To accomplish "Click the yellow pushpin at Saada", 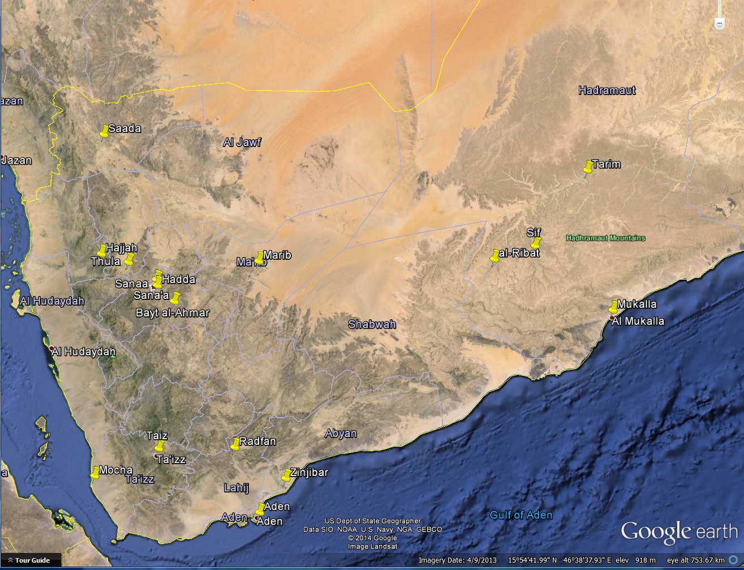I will pyautogui.click(x=104, y=131).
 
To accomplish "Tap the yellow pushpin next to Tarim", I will pyautogui.click(x=588, y=167).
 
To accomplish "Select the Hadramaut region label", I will pyautogui.click(x=607, y=91).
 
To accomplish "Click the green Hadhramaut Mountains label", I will pyautogui.click(x=605, y=238).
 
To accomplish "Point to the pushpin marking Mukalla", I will pyautogui.click(x=613, y=307).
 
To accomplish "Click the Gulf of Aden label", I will pyautogui.click(x=521, y=515).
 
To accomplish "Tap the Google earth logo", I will pyautogui.click(x=679, y=532).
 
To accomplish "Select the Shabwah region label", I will pyautogui.click(x=372, y=324).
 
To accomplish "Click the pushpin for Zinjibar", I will pyautogui.click(x=287, y=475).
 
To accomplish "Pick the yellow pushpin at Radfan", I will pyautogui.click(x=235, y=444).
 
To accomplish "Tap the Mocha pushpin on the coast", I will pyautogui.click(x=95, y=473).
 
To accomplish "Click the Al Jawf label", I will pyautogui.click(x=242, y=142).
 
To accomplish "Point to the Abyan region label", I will pyautogui.click(x=341, y=434).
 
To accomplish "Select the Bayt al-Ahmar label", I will pyautogui.click(x=173, y=313).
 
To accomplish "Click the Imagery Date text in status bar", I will pyautogui.click(x=457, y=560).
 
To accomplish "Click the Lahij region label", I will pyautogui.click(x=236, y=487).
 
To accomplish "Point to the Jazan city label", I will pyautogui.click(x=17, y=160).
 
